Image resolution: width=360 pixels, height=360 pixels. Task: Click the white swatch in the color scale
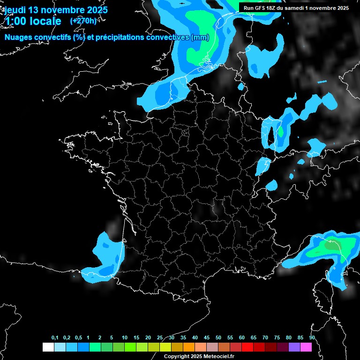pos(48,347)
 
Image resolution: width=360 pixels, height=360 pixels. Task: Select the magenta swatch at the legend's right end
pos(306,347)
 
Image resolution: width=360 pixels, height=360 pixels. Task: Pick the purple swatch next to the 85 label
pos(294,347)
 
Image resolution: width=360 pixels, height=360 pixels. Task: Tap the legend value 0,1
pos(55,338)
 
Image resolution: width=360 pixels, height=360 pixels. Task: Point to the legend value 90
pos(312,338)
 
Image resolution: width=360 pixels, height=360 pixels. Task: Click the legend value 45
pos(207,338)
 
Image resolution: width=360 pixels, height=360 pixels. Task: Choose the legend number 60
pos(242,338)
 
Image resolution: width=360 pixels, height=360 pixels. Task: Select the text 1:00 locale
pos(33,21)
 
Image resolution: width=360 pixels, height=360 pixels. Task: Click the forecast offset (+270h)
pos(83,21)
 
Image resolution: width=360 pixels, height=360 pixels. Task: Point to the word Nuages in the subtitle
pos(19,37)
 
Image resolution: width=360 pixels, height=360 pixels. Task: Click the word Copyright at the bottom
pos(176,356)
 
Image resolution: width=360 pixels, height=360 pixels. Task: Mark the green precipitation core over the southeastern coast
pos(332,245)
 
